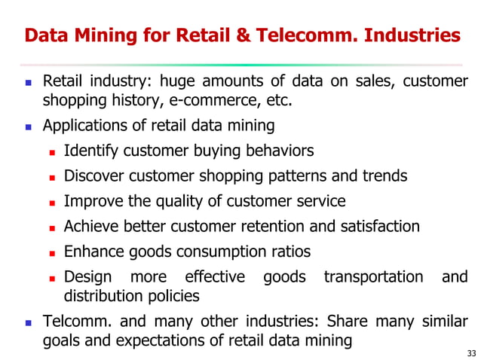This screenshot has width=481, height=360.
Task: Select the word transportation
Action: point(373,276)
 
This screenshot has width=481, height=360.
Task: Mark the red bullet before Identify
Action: point(53,151)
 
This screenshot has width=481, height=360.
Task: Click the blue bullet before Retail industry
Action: point(29,82)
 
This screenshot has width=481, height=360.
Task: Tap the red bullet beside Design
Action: point(53,277)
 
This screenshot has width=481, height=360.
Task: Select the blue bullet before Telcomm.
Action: point(29,322)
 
